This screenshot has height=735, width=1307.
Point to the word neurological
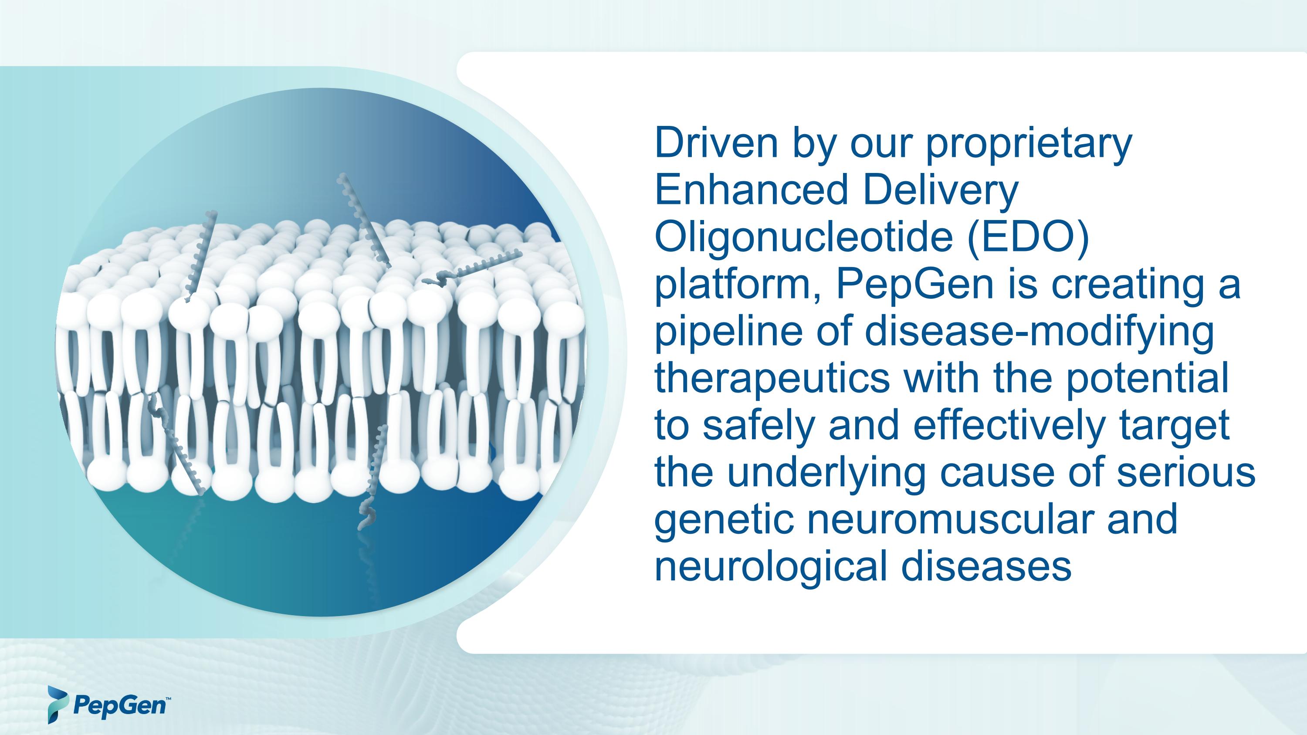[771, 567]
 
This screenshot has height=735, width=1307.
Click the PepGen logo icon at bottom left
[57, 705]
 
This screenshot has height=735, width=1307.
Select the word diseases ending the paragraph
[986, 567]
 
